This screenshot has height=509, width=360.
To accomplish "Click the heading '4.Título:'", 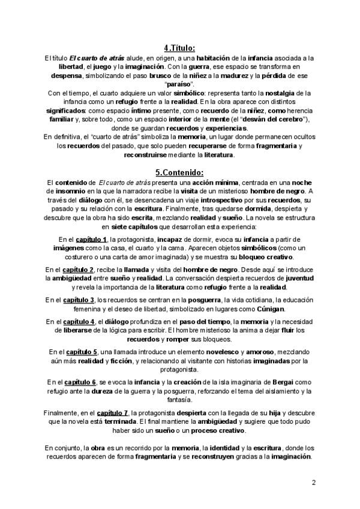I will click(x=179, y=48).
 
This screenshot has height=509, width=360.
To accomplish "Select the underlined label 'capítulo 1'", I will click(x=89, y=239).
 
